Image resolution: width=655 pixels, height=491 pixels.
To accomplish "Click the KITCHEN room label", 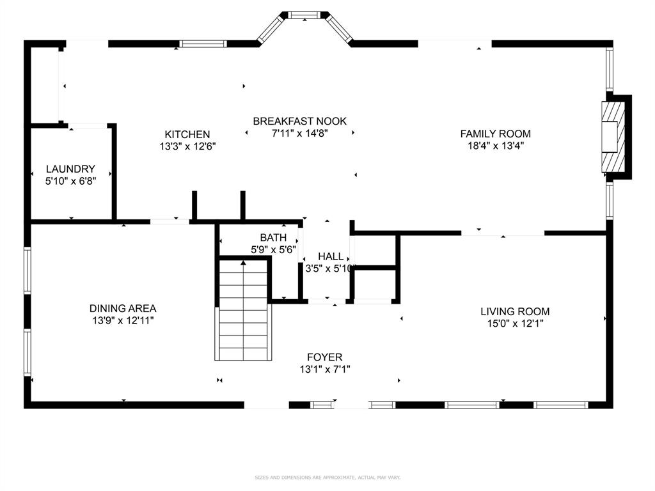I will pos(187,134).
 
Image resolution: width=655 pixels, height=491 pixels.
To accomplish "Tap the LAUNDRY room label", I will pos(70,169).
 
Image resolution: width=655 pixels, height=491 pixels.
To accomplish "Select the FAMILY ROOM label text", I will pos(495,134).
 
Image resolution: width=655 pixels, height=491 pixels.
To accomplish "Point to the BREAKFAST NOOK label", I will pos(299,121).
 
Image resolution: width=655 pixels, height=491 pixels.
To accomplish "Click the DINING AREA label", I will pos(123,308).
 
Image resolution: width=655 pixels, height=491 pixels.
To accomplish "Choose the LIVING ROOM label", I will pos(515,311).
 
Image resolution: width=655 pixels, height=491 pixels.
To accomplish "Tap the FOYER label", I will pos(324,357).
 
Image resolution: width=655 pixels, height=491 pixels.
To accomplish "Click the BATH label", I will pos(273,238).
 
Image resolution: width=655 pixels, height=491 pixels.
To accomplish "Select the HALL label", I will pos(331,256).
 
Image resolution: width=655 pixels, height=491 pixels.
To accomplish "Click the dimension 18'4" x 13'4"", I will pos(495,145).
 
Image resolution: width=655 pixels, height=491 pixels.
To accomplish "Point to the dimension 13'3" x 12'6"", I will pos(187,146).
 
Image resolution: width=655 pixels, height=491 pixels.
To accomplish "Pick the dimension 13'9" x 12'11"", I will pos(123,320).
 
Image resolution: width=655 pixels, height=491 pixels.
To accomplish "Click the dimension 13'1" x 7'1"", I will pos(324,369).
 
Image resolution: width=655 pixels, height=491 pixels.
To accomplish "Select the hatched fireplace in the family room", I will pos(611,136).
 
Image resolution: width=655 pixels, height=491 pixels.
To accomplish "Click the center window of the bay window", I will pos(305,14).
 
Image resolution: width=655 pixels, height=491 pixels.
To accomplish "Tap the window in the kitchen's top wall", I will pos(203,44).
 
